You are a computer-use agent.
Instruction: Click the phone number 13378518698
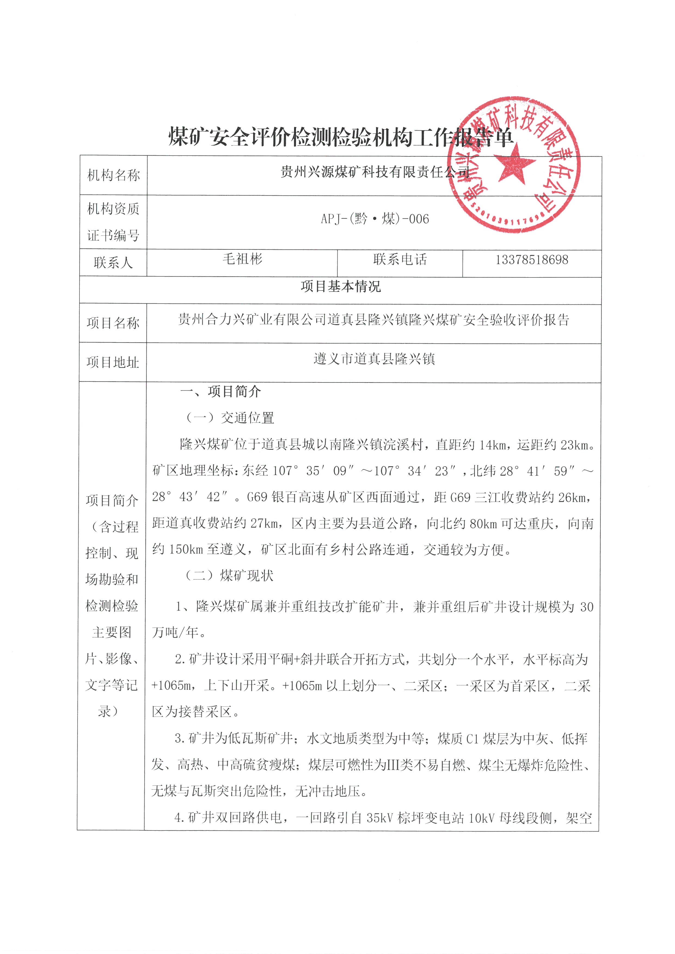click(532, 260)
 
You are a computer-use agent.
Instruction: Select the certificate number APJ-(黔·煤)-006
click(375, 219)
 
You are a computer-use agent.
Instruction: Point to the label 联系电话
click(400, 260)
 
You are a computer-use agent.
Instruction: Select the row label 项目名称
click(113, 323)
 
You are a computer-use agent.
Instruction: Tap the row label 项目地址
click(113, 362)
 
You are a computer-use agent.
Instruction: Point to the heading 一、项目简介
click(220, 391)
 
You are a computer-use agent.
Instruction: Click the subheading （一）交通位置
click(229, 418)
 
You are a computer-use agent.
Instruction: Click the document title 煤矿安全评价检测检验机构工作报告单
click(340, 137)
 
